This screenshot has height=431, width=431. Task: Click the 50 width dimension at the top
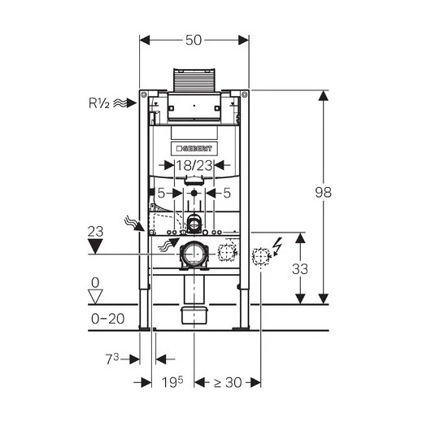tap(194, 40)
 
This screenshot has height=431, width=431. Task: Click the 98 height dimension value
tap(324, 192)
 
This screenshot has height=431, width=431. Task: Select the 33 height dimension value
tap(300, 269)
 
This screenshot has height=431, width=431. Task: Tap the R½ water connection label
tap(99, 103)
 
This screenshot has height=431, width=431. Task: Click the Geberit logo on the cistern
tap(194, 149)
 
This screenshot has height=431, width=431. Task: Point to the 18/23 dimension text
tap(194, 165)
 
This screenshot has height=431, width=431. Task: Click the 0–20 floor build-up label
tap(107, 319)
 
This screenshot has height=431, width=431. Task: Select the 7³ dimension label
tap(112, 359)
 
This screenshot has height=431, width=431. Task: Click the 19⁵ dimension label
tap(172, 382)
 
